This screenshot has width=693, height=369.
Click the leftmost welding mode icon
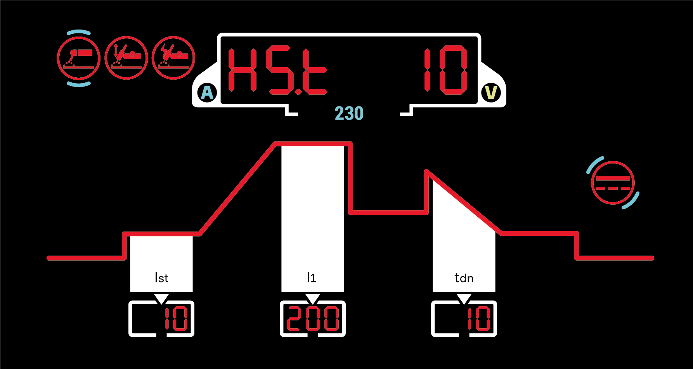coord(79,58)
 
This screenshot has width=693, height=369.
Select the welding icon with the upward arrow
coord(126,58)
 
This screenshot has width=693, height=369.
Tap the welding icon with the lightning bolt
coord(173,58)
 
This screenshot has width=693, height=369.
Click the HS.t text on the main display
coord(277,71)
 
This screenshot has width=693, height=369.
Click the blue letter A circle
coord(208,93)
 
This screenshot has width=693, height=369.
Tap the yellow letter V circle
coord(491,93)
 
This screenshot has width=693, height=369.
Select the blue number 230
coord(349,113)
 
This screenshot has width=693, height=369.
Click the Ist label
coord(161,278)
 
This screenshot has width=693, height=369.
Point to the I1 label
coord(312,277)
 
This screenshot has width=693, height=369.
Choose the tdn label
coord(464,278)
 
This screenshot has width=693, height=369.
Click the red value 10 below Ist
coord(176,319)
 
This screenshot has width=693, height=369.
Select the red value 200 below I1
coord(313,319)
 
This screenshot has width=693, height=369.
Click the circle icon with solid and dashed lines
coord(613,183)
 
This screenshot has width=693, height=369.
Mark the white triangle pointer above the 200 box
coord(313,298)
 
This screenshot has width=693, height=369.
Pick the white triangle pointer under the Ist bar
coord(161,298)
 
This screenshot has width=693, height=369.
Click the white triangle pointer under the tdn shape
coord(464,298)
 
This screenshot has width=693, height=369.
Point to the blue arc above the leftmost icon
coord(79,32)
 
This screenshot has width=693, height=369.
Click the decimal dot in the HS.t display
coord(298,92)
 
